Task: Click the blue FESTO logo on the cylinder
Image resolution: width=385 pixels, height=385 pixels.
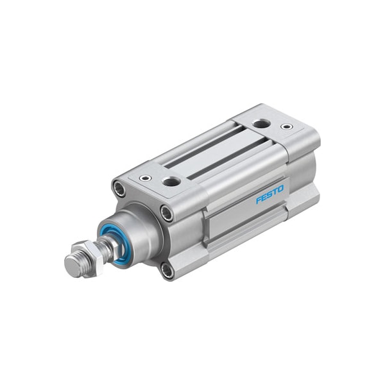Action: point(269,194)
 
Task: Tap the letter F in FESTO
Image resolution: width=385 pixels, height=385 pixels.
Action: point(259,200)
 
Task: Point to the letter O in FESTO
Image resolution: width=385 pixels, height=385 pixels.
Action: point(280,189)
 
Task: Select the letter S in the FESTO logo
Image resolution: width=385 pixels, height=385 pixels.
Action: point(269,194)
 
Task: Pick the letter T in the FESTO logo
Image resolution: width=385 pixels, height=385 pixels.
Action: point(275,192)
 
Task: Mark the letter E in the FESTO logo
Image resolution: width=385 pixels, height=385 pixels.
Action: point(264,198)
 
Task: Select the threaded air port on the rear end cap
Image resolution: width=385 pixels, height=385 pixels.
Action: point(262,123)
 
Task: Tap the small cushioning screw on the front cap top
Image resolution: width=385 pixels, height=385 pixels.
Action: point(144,178)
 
